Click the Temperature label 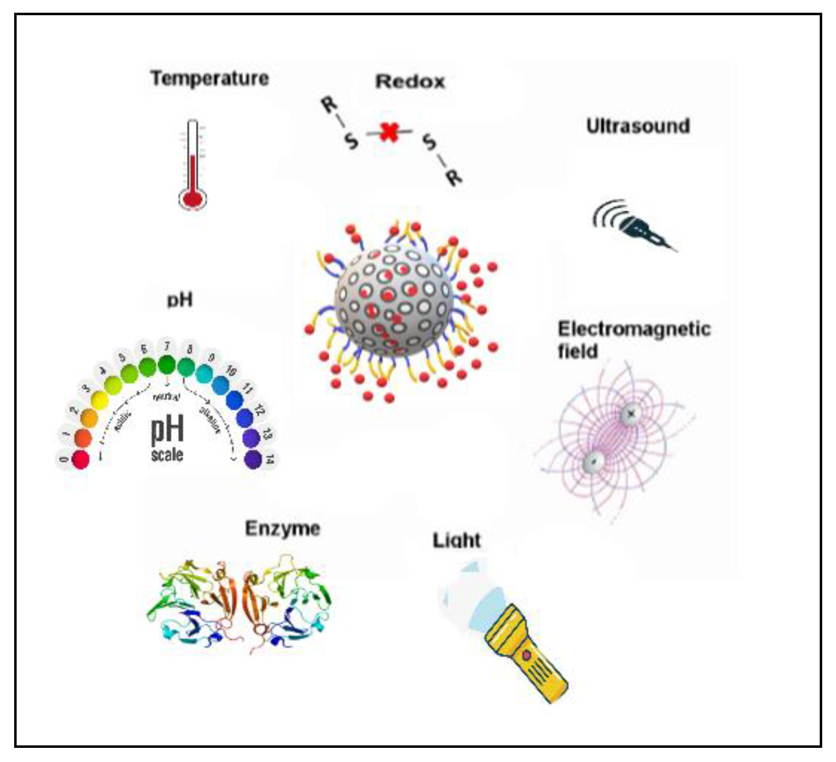point(210,78)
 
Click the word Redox point(410,82)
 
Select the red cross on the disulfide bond point(389,132)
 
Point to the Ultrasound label point(638,126)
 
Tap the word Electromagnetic point(634,330)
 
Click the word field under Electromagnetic point(578,351)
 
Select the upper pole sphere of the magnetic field point(630,414)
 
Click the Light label point(457,541)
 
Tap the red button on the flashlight point(526,655)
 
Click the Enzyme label point(282,529)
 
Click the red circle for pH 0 point(81,459)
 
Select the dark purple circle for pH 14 point(253,459)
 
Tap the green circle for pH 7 point(167,365)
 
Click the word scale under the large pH point(167,455)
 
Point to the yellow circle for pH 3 point(99,400)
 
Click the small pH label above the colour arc point(179,300)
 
